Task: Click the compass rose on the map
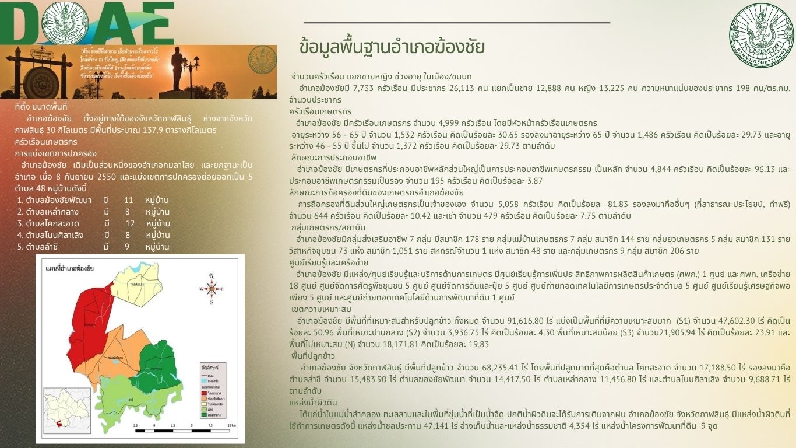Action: click(x=212, y=287)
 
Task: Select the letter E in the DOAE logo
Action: click(x=153, y=23)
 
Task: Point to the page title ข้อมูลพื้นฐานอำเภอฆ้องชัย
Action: click(x=391, y=47)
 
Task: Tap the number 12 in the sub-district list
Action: click(x=130, y=223)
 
